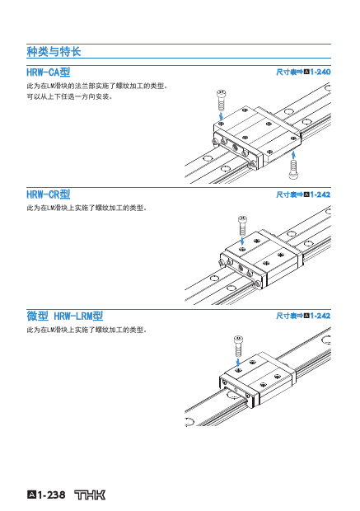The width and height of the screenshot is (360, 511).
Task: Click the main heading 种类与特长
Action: click(54, 51)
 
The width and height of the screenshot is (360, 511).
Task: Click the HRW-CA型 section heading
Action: click(49, 72)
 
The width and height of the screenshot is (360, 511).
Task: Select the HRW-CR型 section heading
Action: click(49, 195)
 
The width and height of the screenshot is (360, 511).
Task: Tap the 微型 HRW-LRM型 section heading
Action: click(65, 316)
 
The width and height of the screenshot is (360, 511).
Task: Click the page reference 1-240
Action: click(320, 72)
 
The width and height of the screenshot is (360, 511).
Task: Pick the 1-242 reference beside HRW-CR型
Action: click(320, 195)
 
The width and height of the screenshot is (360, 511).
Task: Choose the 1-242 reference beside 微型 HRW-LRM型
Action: click(320, 316)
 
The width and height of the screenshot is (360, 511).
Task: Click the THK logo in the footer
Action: click(90, 495)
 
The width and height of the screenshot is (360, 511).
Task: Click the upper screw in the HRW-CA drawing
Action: click(222, 101)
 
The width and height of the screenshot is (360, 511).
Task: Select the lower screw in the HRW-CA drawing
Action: click(293, 169)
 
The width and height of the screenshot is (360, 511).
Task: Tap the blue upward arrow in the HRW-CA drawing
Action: click(293, 154)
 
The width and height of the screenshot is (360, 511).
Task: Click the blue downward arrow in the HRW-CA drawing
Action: click(222, 116)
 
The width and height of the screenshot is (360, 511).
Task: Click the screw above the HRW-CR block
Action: click(242, 226)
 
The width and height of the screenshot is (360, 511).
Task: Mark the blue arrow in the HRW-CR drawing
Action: click(242, 241)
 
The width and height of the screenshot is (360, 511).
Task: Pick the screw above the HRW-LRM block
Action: click(238, 346)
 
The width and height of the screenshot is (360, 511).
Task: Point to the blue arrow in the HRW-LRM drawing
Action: click(238, 363)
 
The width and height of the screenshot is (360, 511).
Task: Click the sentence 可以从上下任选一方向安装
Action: click(69, 96)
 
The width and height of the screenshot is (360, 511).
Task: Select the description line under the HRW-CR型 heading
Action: click(86, 208)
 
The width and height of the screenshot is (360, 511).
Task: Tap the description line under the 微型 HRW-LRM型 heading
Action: click(86, 330)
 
